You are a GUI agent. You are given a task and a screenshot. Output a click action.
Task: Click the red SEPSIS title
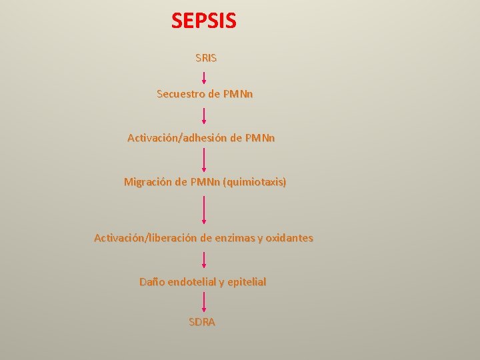203,21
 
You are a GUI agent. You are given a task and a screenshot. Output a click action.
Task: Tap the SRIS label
206,58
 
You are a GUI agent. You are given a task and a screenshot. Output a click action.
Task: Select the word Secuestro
181,94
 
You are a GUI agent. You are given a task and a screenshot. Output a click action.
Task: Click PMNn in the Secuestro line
238,94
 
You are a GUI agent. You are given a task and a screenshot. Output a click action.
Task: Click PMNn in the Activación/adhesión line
259,138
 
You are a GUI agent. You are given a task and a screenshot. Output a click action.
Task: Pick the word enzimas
234,238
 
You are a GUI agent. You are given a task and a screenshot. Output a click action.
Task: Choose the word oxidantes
289,238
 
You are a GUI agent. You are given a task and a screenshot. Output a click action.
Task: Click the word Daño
151,282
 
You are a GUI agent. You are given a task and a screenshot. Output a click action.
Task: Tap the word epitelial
247,282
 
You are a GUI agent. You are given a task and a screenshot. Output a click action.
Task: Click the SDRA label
202,322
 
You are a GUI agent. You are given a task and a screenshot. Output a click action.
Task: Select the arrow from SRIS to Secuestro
204,75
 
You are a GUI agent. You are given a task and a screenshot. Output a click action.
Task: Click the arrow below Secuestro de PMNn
204,115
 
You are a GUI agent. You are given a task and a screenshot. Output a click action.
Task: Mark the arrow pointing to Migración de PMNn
204,160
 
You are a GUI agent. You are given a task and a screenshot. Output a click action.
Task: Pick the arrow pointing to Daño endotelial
204,260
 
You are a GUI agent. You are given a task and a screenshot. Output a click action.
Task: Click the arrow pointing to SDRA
204,302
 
